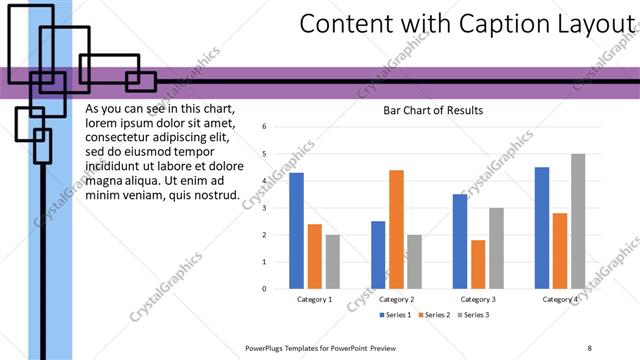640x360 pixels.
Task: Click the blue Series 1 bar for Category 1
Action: [x=296, y=231]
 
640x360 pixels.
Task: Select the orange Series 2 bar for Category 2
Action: [x=396, y=229]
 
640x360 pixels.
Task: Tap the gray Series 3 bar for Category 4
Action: [x=578, y=221]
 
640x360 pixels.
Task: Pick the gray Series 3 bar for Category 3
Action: [x=496, y=248]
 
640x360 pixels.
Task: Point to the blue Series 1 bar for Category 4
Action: [x=542, y=228]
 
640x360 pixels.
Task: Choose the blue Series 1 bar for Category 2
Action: [x=378, y=255]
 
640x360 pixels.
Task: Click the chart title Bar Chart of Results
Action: [x=433, y=111]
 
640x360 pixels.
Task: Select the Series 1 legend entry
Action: [x=397, y=315]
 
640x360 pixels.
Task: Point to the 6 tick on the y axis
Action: [x=263, y=127]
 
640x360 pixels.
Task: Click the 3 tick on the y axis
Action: [x=263, y=208]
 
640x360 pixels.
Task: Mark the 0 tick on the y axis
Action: [x=263, y=289]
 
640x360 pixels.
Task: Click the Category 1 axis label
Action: [x=315, y=299]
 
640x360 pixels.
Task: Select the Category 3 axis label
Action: [x=478, y=299]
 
